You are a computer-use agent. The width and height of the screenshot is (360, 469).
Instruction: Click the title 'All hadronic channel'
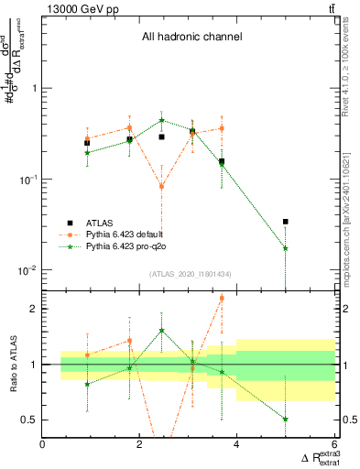[x=191, y=38]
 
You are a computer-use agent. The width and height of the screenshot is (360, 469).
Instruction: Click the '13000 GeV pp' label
[x=75, y=8]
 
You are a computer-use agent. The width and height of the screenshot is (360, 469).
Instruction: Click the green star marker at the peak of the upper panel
[x=161, y=120]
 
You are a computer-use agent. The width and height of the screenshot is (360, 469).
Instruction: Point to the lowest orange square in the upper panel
[x=161, y=186]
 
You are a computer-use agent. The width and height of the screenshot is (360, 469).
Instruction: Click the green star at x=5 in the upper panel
[x=286, y=248]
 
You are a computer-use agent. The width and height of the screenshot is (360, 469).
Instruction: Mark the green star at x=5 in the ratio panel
[x=286, y=419]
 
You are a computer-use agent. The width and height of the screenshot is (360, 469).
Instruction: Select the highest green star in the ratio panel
[x=161, y=331]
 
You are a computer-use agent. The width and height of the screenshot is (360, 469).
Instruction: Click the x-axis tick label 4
[x=236, y=444]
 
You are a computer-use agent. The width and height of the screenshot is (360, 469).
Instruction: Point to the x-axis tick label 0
[x=43, y=444]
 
